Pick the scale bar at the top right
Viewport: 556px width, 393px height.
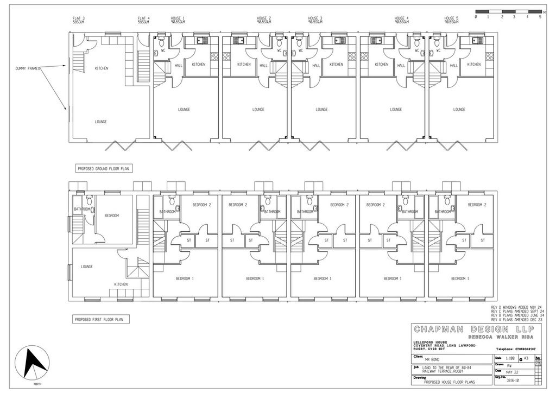pos(507,11)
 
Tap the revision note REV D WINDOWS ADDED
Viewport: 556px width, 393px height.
pos(516,307)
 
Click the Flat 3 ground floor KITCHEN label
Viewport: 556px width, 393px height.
pos(102,68)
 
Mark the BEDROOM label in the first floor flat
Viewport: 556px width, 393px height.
pos(111,215)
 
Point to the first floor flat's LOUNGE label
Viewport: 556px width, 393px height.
pos(87,267)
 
